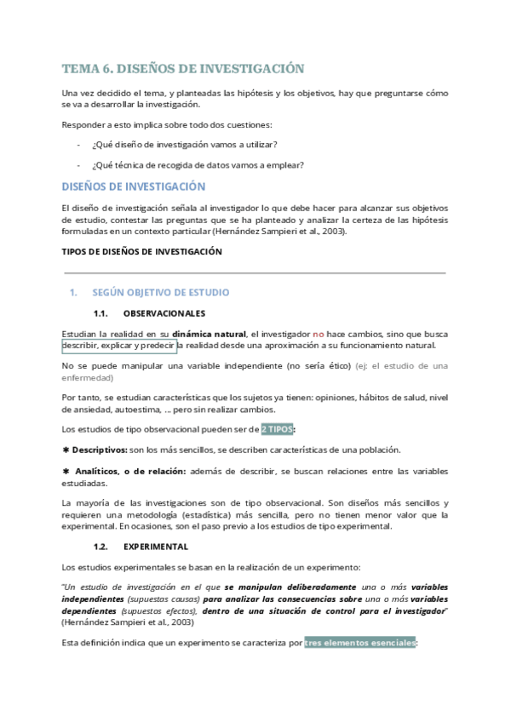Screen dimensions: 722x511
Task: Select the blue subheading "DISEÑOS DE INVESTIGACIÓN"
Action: [135, 186]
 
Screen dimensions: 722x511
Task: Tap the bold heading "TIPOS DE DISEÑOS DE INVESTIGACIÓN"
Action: [142, 251]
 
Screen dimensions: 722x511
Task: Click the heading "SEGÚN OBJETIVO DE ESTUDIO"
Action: [161, 292]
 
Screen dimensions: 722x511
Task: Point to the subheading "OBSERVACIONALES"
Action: [164, 313]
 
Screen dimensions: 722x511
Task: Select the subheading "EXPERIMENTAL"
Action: [156, 546]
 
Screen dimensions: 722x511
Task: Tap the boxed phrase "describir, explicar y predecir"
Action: [119, 345]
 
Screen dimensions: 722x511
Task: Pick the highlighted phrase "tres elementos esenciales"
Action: [359, 643]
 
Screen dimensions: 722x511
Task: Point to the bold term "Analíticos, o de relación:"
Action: [125, 471]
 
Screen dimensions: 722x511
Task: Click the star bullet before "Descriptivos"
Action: [66, 450]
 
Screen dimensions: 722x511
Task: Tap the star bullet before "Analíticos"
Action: [66, 471]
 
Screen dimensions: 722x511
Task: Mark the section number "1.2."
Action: [102, 546]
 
